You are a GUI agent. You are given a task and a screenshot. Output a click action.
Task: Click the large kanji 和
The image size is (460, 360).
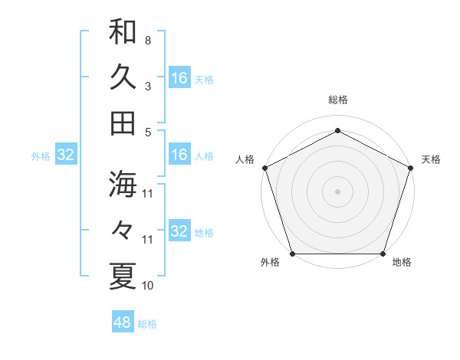coord(123,31)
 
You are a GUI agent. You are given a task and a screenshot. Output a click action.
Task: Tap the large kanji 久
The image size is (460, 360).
coord(123,77)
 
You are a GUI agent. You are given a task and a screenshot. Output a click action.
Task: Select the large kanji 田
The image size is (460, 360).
coord(123,122)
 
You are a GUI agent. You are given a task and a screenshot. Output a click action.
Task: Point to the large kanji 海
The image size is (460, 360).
coord(123,183)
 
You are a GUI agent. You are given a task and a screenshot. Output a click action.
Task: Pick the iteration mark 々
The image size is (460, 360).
coord(123,230)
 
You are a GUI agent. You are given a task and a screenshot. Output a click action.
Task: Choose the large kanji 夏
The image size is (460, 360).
coord(123,275)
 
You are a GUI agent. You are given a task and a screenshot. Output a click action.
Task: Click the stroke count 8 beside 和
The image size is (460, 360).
coord(148,40)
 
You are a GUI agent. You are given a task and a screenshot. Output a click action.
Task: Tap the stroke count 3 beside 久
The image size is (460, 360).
coord(148,86)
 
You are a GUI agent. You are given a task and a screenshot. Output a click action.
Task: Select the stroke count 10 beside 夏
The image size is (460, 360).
coord(148,286)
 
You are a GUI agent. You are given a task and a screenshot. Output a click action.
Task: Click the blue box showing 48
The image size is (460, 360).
coord(123,322)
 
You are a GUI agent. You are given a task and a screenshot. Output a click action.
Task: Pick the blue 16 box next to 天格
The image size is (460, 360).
coord(179,77)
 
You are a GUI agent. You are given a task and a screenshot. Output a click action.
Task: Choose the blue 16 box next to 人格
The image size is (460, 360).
coord(179,155)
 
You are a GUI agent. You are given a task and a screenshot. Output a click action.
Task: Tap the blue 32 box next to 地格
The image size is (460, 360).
coord(179,231)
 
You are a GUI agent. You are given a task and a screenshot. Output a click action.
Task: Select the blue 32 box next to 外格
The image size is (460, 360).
coord(66,155)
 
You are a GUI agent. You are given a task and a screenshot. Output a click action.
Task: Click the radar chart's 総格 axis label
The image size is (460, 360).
coord(337,100)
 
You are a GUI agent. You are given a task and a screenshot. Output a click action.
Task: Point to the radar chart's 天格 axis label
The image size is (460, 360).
coord(432,159)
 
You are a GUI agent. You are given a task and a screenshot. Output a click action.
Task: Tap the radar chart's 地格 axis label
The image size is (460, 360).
coord(402,263)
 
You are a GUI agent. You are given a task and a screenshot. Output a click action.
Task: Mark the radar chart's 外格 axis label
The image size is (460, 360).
coord(270,263)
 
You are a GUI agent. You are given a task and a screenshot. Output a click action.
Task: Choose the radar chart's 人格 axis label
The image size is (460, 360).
coord(245,159)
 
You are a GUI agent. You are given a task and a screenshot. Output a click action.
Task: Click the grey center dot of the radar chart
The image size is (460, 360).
coord(337,191)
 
